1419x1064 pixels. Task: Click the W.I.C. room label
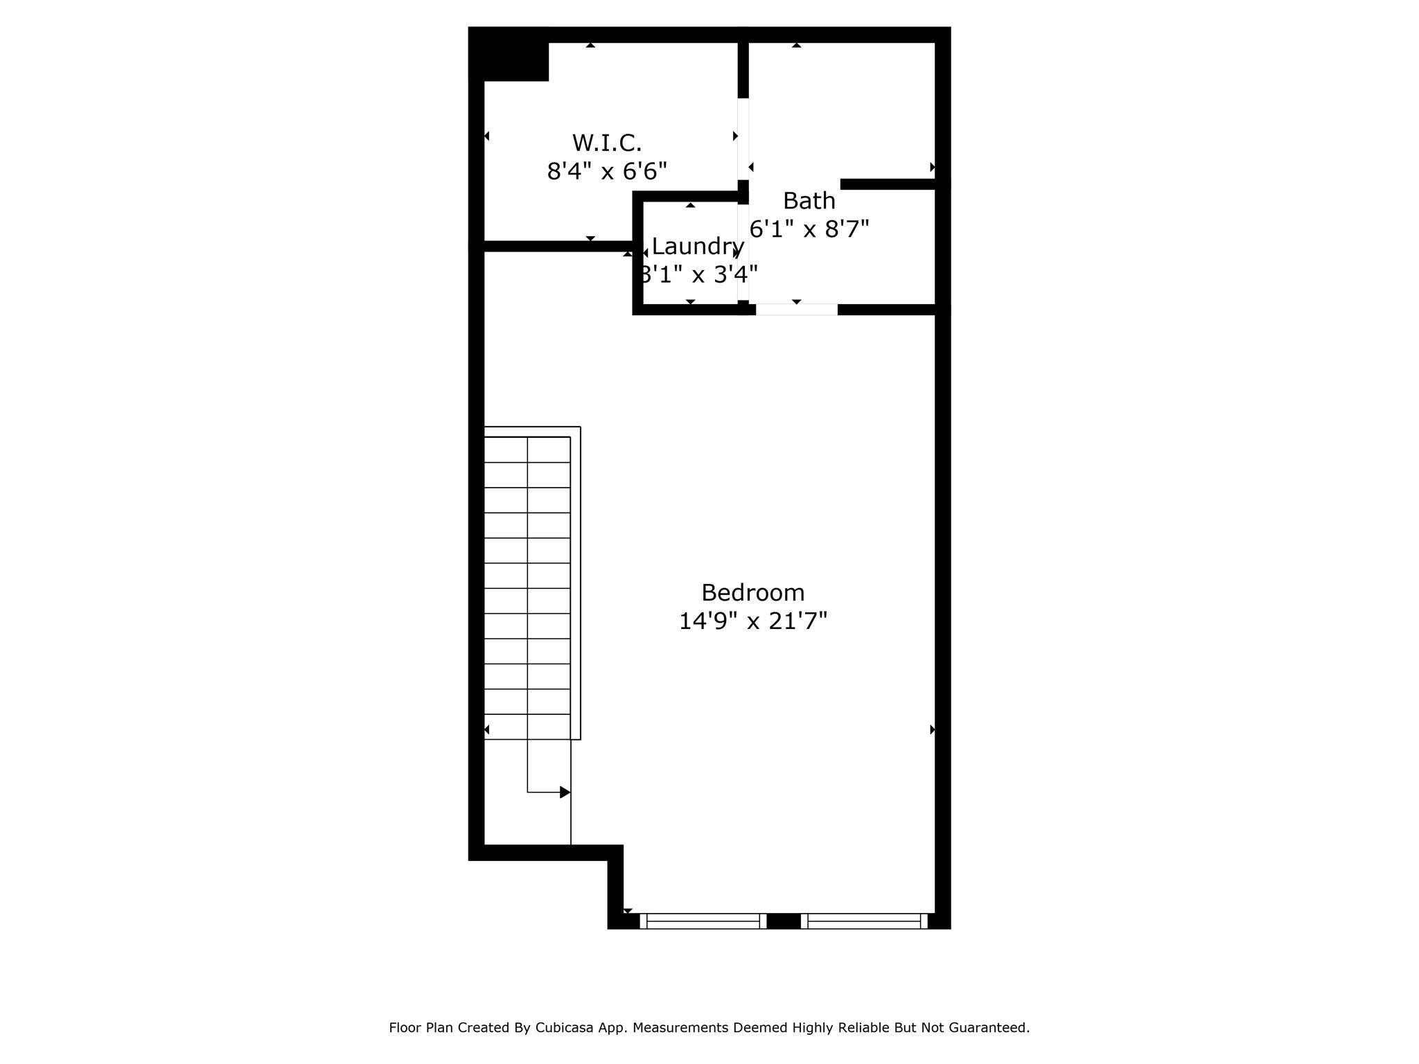606,143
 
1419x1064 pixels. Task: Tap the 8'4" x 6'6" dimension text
606,171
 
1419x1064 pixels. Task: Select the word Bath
809,201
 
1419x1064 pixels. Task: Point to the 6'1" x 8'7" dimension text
809,229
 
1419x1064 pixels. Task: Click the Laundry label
697,247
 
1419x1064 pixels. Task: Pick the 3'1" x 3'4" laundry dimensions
697,275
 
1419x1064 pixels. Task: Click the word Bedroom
752,593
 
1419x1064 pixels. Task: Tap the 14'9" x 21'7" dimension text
752,621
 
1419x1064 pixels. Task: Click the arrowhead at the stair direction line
565,792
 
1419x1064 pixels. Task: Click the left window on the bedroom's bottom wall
703,921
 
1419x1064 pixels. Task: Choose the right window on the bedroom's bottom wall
864,921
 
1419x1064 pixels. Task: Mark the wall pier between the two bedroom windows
784,921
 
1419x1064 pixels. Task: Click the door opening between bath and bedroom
796,310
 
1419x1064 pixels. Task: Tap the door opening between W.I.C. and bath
743,139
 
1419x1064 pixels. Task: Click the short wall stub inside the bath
888,184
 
